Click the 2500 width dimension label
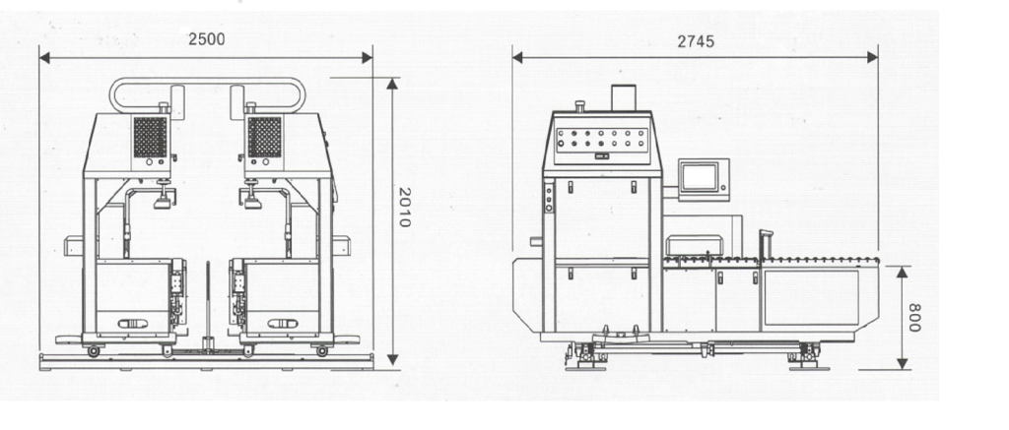(207, 39)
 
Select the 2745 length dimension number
(696, 41)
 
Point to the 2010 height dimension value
(404, 207)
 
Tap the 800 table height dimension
(913, 318)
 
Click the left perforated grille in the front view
(150, 137)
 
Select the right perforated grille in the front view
(264, 137)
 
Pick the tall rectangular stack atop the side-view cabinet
(623, 97)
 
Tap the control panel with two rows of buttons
(602, 138)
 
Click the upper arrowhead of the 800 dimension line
(903, 272)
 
